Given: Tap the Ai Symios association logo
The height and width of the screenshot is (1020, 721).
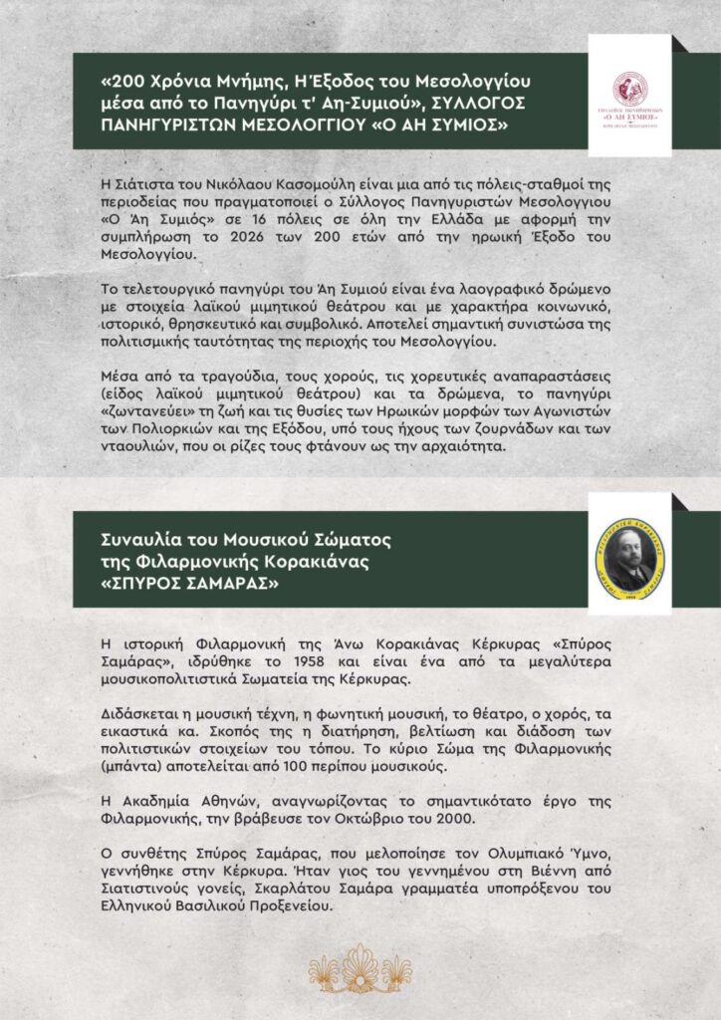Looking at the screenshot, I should tap(629, 95).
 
